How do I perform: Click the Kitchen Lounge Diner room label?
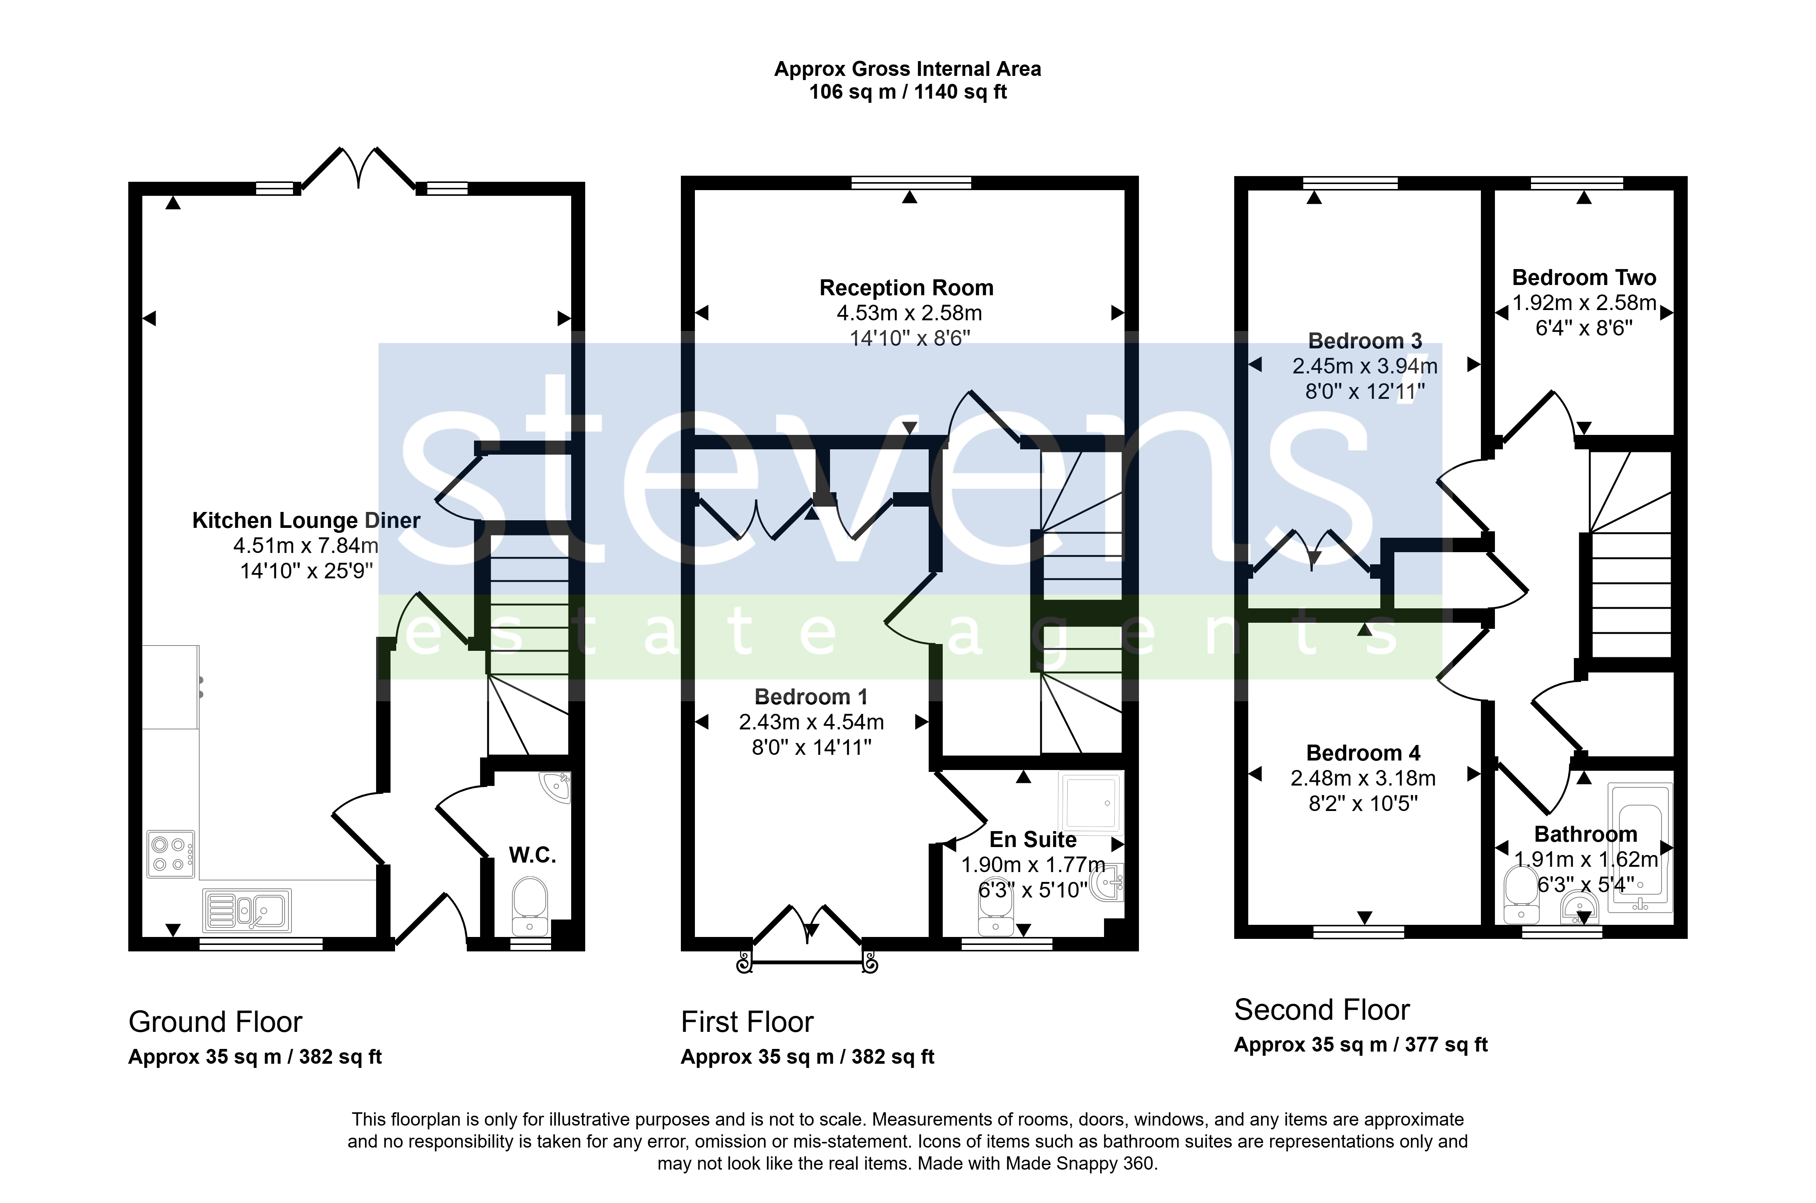coord(306,521)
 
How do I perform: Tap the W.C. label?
coord(532,855)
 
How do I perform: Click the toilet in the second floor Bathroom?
coord(1521,894)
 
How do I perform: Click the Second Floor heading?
coord(1322,1010)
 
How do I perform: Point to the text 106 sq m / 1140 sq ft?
coord(907,92)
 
